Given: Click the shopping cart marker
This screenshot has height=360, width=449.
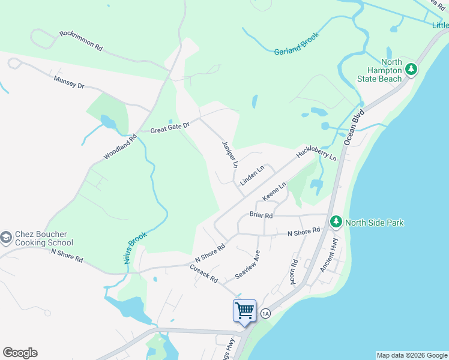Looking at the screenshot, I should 244,311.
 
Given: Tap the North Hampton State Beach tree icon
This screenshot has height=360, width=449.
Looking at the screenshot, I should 411,70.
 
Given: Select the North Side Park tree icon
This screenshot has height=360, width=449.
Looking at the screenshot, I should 336,222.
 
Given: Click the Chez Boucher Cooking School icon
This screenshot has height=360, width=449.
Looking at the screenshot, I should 7,238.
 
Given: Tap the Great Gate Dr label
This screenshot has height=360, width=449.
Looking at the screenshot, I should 170,127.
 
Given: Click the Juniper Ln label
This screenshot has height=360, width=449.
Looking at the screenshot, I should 230,155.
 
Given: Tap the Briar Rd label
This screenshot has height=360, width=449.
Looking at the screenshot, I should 261,215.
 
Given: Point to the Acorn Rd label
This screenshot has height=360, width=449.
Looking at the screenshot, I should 294,272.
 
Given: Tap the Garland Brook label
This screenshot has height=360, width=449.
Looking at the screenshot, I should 297,44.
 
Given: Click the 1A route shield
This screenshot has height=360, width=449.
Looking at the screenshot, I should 266,313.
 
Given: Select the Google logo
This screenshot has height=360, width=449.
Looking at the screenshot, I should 20,353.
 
